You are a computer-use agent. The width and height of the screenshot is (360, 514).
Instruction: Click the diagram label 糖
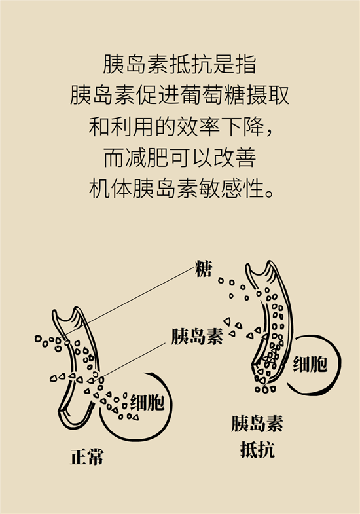tap(204, 269)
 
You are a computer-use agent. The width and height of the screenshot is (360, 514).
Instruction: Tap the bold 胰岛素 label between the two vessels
tap(197, 336)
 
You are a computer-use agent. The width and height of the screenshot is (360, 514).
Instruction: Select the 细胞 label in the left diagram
tap(147, 402)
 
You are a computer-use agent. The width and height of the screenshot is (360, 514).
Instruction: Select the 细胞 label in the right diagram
tap(310, 363)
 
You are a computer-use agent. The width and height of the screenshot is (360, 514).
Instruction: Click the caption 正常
tap(87, 456)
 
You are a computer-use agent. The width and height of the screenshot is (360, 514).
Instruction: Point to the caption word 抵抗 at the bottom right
tap(257, 449)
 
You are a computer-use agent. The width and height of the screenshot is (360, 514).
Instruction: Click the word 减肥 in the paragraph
tap(137, 158)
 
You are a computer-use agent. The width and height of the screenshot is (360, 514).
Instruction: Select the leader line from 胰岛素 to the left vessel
tap(134, 359)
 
